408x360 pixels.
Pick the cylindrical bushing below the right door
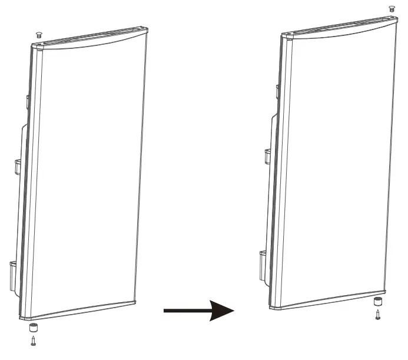377,302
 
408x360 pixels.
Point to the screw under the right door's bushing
377,315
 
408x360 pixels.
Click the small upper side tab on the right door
276,92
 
